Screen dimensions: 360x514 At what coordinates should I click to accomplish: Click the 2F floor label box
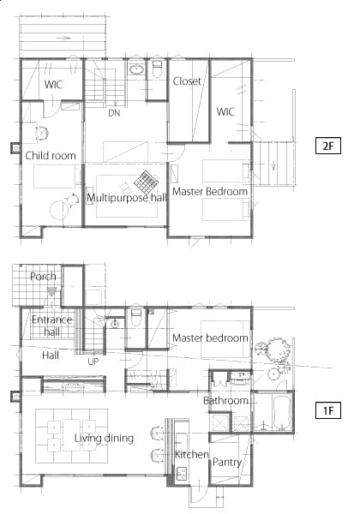(x=328, y=146)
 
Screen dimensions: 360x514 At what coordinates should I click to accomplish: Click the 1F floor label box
(x=328, y=410)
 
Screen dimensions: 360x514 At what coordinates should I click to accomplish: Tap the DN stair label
(x=114, y=113)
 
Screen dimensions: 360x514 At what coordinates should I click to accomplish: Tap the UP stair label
(x=93, y=362)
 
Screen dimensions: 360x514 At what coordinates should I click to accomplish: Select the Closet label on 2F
(x=187, y=81)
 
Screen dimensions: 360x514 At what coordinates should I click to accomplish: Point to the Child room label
(x=51, y=155)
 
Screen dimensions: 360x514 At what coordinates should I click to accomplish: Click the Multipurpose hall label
(x=127, y=198)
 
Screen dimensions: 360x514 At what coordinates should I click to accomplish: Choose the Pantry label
(x=227, y=463)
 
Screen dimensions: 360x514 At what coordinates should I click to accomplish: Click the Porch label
(x=43, y=277)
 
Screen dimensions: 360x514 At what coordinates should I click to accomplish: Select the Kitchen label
(x=192, y=454)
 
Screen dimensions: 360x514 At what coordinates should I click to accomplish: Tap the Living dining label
(x=104, y=439)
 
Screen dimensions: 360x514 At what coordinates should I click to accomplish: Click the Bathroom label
(x=225, y=400)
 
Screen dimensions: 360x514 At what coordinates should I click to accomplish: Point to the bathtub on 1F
(x=281, y=412)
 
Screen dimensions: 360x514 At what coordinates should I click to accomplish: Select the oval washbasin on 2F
(x=135, y=69)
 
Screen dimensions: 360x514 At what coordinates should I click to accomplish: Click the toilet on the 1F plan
(x=135, y=318)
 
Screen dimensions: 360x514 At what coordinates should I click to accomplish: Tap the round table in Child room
(x=60, y=210)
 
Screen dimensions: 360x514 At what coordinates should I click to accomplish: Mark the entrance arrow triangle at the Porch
(x=51, y=291)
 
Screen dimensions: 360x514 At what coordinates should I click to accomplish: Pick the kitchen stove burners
(x=181, y=474)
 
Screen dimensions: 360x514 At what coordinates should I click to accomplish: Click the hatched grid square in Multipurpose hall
(x=146, y=182)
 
